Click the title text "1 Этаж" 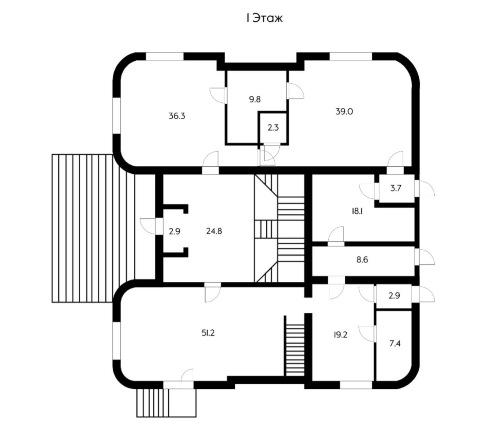pos(264,18)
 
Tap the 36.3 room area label pos(177,116)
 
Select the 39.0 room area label pos(344,111)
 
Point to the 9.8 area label pos(254,99)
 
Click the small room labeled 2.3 pos(273,128)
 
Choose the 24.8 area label pos(214,231)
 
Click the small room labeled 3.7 pos(396,188)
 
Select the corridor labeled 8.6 pos(362,260)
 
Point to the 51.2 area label pos(208,333)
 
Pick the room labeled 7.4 pos(395,344)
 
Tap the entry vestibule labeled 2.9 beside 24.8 pos(174,231)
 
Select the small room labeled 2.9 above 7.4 pos(394,295)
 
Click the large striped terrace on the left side pos(83,228)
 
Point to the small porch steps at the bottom pos(166,403)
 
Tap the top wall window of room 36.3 pos(165,56)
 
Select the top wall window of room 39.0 pos(351,56)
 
